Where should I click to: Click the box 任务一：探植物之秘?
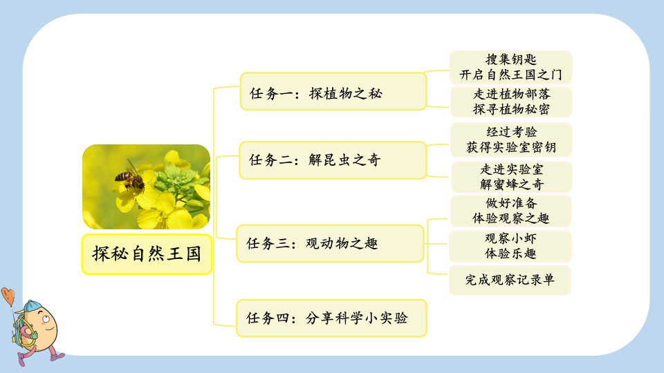(333, 92)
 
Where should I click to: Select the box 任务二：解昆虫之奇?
(333, 160)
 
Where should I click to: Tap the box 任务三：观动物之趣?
(331, 244)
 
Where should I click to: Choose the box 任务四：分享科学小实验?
(331, 318)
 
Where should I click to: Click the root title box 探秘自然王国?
(147, 254)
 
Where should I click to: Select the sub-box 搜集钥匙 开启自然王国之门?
(510, 67)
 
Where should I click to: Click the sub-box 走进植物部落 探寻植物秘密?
(511, 102)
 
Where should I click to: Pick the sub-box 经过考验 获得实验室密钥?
(511, 140)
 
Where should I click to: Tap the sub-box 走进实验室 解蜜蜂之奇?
(512, 177)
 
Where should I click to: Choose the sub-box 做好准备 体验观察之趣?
(510, 211)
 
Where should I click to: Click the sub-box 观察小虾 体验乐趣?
(510, 246)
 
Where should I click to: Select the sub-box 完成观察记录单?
(510, 280)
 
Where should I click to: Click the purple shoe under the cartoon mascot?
(21, 359)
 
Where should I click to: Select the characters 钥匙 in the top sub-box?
(524, 59)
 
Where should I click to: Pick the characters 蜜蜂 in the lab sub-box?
(505, 184)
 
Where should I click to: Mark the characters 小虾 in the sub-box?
(524, 238)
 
